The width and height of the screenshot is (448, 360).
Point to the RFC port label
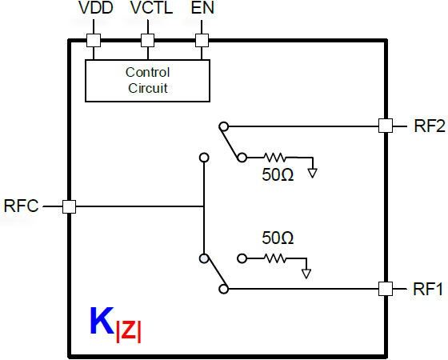21,206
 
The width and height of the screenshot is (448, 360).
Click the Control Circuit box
147,80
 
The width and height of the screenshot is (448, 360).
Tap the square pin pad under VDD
94,40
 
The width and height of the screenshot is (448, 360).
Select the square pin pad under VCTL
146,40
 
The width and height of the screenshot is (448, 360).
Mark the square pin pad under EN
202,40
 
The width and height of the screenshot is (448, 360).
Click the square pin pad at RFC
69,206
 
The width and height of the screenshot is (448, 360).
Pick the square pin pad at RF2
386,125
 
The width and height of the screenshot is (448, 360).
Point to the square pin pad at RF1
386,289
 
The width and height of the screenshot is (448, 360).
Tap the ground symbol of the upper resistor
314,171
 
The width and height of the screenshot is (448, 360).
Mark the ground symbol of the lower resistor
306,273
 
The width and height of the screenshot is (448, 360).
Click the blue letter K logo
102,321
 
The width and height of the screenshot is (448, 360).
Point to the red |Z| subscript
129,330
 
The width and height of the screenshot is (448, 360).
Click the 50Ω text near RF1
278,238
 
